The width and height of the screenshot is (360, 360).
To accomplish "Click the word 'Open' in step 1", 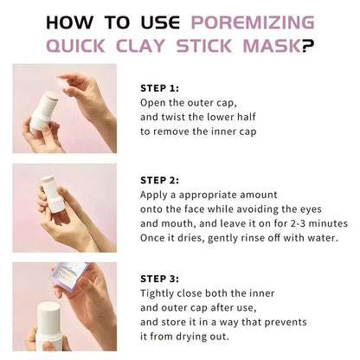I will click(154, 101).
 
